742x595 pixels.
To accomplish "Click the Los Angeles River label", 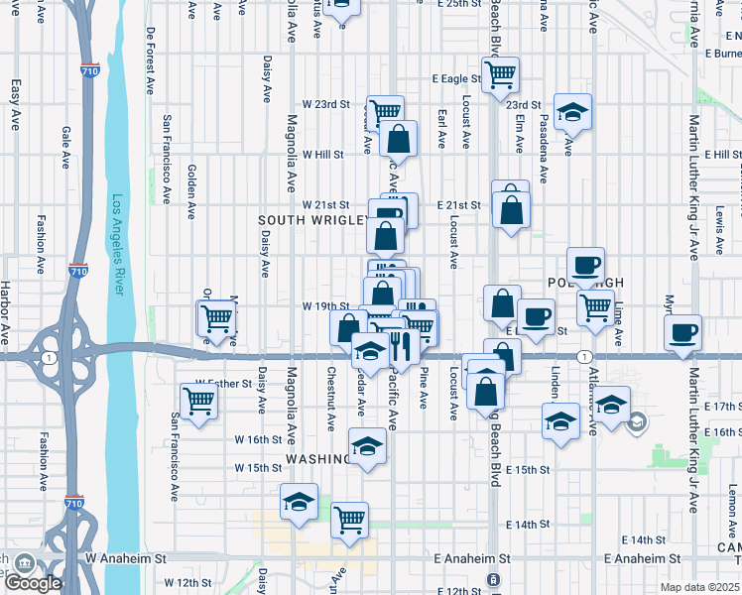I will pos(118,244).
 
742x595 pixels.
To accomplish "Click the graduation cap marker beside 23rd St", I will pos(572,113).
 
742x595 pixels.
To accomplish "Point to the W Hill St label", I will pos(322,155).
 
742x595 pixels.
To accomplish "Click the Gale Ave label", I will pos(66,147).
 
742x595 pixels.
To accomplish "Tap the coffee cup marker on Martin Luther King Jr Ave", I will pos(682,333).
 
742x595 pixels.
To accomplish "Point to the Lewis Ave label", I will pos(719,228).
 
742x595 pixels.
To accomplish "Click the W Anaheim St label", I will pos(127,559).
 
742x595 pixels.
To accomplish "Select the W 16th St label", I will pos(259,439).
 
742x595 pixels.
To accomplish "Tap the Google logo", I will pos(33,583).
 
